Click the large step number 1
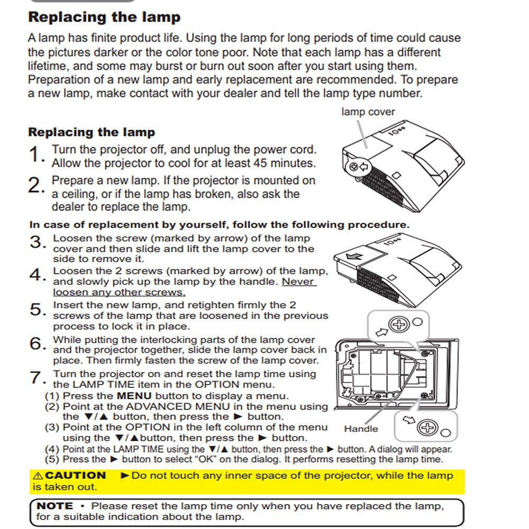point(35,156)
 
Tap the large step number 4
point(35,275)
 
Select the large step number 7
point(35,378)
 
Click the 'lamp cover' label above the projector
point(368,112)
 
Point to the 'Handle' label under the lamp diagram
point(361,429)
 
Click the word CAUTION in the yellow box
point(76,475)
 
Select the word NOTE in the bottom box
point(55,506)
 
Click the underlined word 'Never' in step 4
point(298,282)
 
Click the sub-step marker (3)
point(52,427)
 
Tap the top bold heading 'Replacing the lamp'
point(104,17)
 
